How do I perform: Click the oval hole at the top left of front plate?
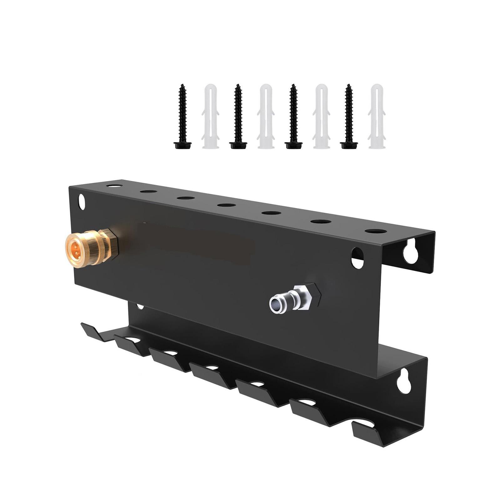click(81, 202)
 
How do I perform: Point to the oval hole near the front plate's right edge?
click(357, 258)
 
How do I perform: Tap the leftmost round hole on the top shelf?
click(114, 186)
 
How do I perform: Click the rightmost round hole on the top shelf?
click(376, 231)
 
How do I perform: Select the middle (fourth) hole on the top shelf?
click(227, 205)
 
